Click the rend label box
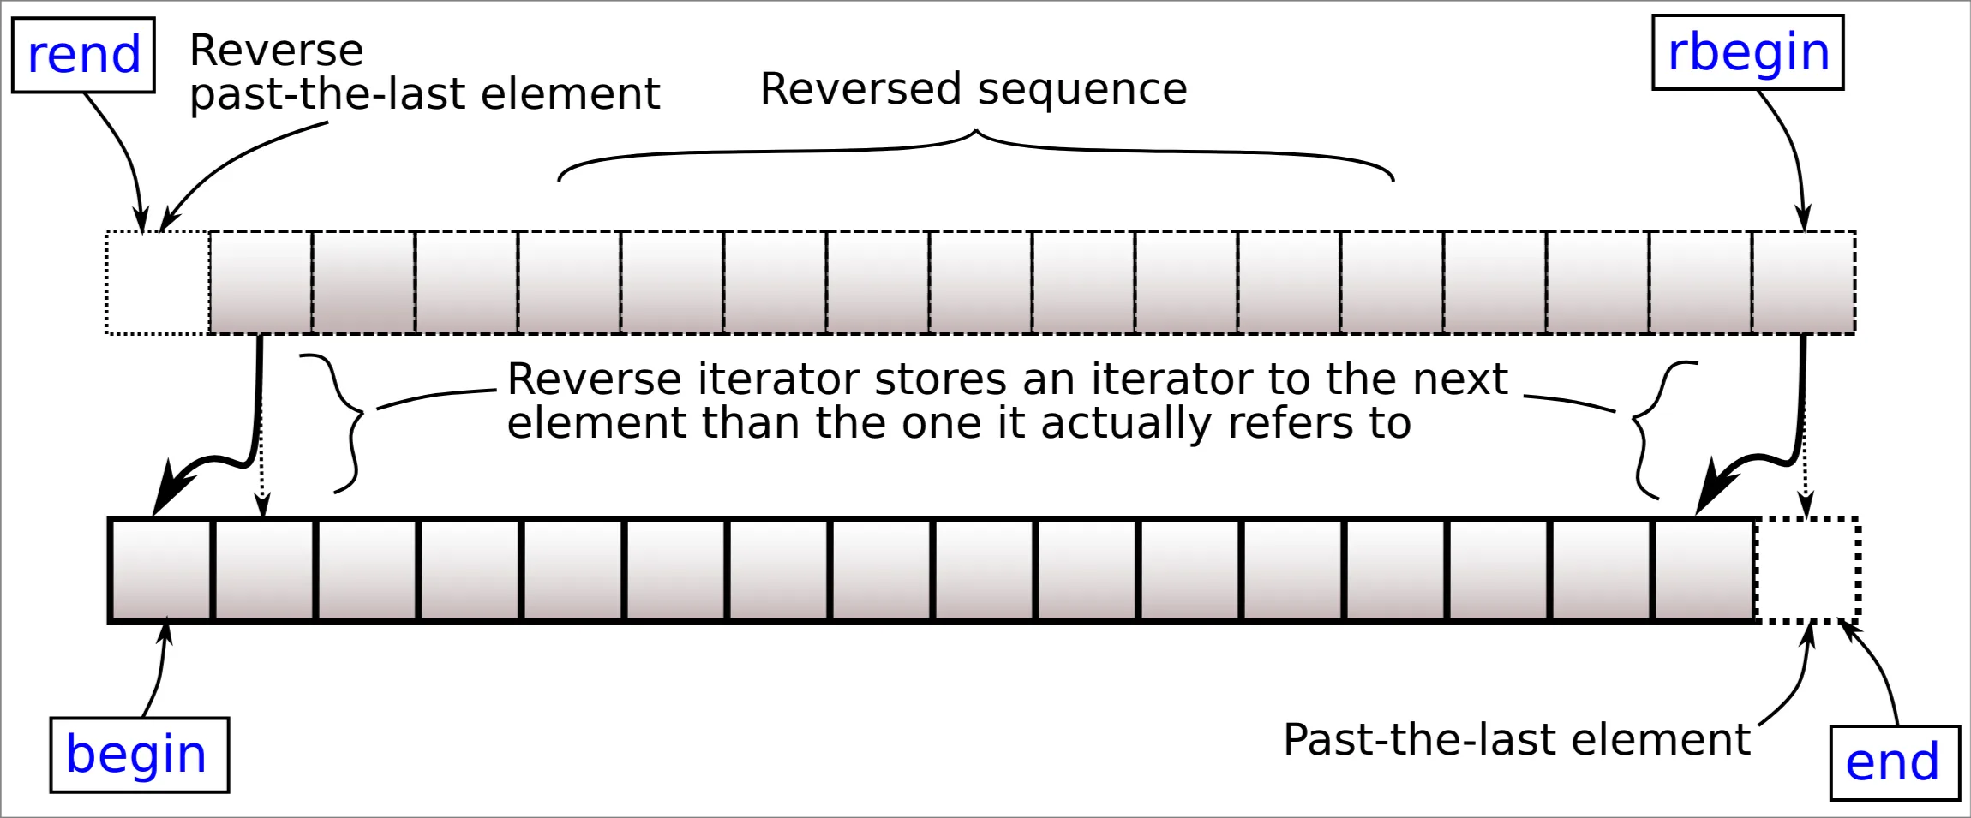pos(83,55)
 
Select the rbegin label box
pos(1747,52)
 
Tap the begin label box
pos(139,755)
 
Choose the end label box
pos(1894,762)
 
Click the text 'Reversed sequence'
pos(974,89)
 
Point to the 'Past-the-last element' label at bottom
pos(1516,739)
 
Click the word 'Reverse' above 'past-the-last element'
pos(276,50)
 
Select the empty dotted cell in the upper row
pos(158,282)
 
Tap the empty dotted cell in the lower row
pos(1806,570)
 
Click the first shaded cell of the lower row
pos(161,570)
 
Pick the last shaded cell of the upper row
pos(1804,282)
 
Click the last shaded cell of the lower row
pos(1704,570)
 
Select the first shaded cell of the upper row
pos(261,282)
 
